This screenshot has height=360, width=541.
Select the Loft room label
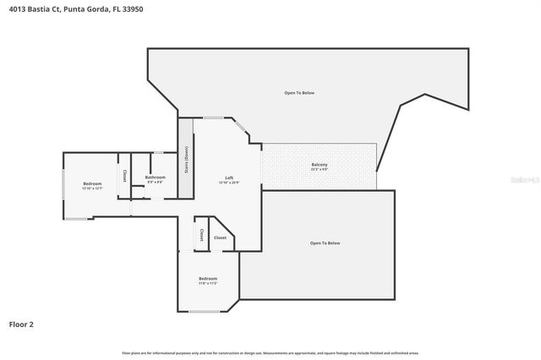coord(228,177)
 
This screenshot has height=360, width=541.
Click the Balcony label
coord(319,165)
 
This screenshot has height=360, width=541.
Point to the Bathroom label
coord(156,177)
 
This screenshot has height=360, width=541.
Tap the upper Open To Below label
coord(299,92)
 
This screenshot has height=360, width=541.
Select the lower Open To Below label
coord(325,243)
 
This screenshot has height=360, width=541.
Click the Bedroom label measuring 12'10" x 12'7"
coord(92,183)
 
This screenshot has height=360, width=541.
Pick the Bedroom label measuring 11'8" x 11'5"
coord(208,279)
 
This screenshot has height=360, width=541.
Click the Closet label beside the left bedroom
coord(124,176)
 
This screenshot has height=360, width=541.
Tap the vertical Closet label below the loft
coord(202,234)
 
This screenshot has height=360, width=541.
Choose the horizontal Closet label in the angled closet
coord(220,238)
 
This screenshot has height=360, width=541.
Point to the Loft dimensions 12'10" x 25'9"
coord(228,183)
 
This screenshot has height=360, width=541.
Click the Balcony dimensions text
coord(319,170)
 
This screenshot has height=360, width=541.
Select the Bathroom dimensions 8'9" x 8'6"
coord(156,182)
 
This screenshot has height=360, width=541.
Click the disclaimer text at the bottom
coord(270,352)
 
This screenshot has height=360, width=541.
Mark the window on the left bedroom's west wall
coord(63,184)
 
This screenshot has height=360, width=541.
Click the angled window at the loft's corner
coord(242,128)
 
